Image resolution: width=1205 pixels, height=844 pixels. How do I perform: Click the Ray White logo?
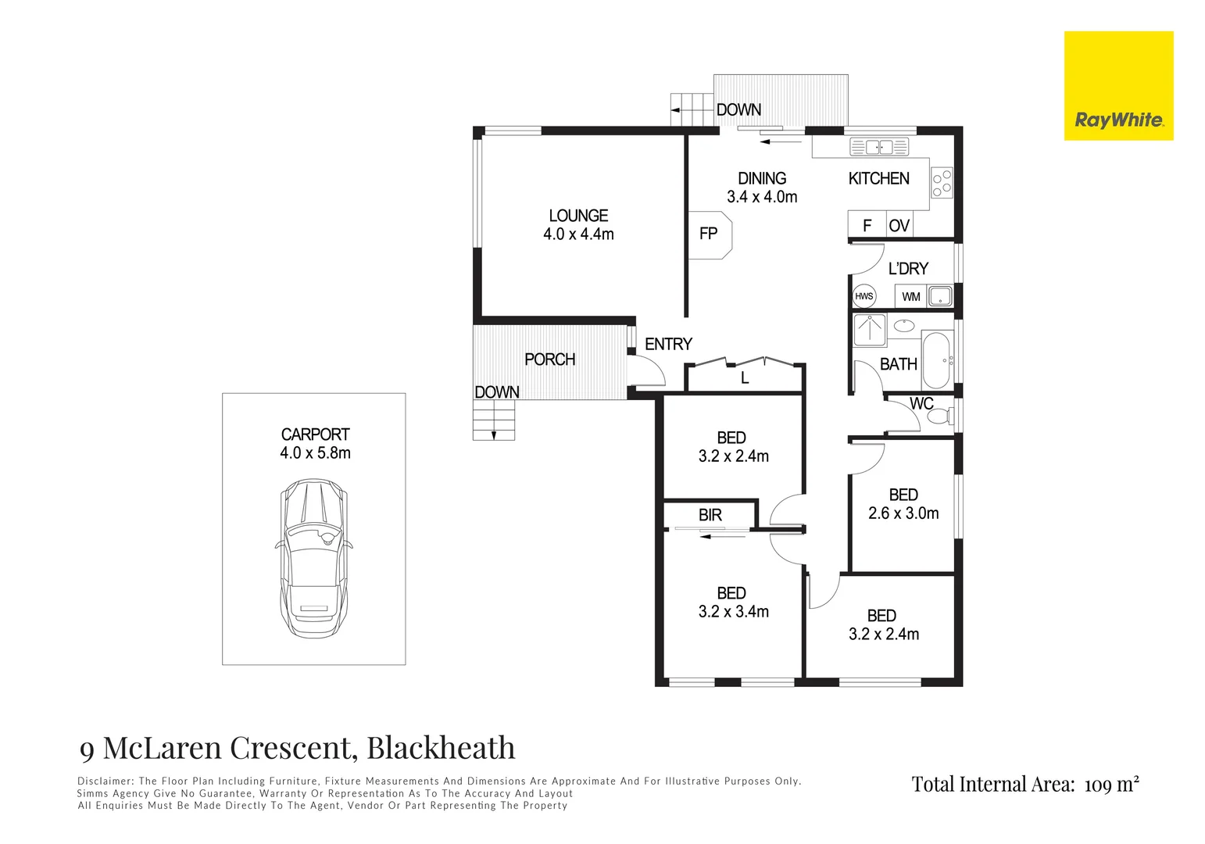[x=1119, y=86]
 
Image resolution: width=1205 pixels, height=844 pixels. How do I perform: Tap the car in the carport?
[x=313, y=558]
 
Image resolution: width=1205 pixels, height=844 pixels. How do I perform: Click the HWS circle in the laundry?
[x=864, y=296]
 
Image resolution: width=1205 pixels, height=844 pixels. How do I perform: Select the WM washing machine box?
[x=910, y=296]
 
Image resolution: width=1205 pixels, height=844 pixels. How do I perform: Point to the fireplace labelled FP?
[x=710, y=234]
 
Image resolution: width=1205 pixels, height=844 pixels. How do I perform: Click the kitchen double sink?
[x=879, y=147]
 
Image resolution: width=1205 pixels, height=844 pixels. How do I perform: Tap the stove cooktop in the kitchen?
[x=942, y=182]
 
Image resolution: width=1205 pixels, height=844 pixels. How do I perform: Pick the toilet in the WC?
[x=942, y=417]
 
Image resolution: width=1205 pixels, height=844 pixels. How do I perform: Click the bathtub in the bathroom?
[x=936, y=360]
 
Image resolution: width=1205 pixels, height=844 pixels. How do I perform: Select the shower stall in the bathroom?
[x=869, y=331]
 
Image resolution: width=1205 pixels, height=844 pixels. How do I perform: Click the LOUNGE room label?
[x=578, y=216]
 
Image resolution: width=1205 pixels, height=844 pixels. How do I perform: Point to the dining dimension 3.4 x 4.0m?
[x=762, y=197]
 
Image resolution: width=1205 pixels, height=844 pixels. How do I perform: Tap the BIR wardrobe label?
[x=710, y=515]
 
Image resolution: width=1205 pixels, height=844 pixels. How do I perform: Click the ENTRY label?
[x=668, y=345]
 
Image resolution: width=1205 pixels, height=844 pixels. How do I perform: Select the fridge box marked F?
[x=867, y=225]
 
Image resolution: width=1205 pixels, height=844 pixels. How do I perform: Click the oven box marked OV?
[x=899, y=225]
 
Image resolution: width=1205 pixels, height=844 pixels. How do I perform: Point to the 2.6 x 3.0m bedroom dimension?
[x=903, y=513]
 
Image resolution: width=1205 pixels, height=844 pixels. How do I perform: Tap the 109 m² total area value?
[x=1111, y=785]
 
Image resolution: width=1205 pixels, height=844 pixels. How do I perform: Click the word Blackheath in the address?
[x=441, y=747]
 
